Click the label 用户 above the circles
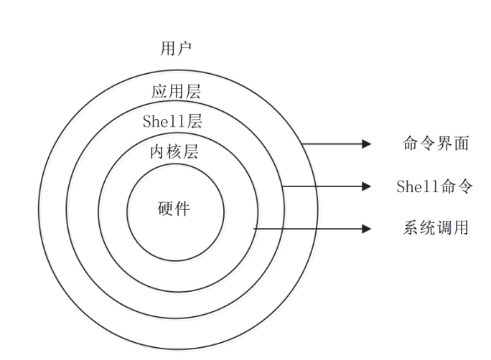175,49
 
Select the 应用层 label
175,92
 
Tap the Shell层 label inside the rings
172,120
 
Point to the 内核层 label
174,152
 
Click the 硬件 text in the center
174,209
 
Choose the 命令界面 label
436,143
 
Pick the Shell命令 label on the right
434,186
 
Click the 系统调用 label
436,229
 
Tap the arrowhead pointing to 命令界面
368,144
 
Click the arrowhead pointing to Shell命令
368,186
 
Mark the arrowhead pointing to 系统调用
368,229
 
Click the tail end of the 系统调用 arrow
256,229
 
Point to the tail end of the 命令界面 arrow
302,144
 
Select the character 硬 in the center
166,209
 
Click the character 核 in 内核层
174,152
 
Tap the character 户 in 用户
184,49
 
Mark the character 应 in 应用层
159,92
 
